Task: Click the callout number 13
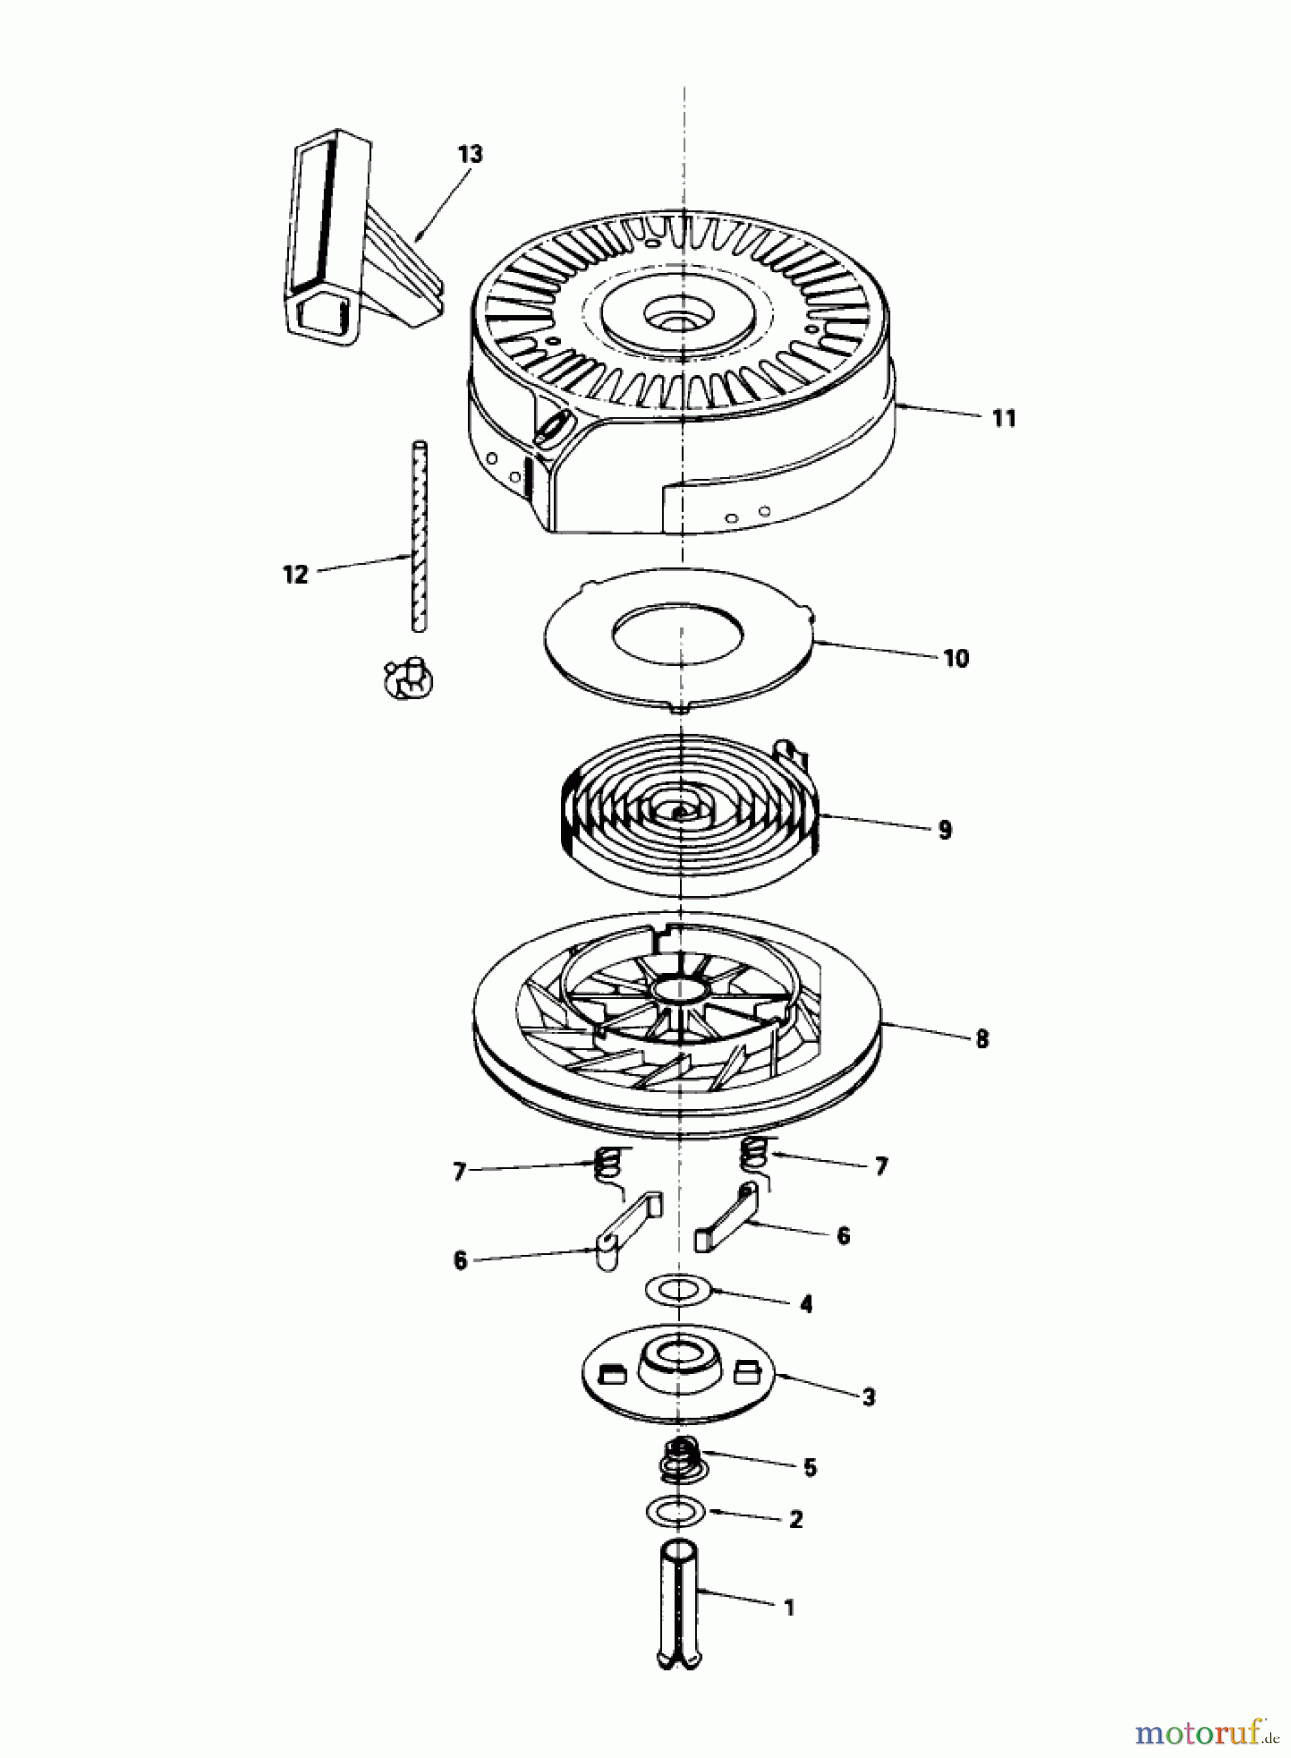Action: (x=470, y=154)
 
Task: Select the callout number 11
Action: (x=1004, y=418)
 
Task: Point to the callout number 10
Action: (x=955, y=658)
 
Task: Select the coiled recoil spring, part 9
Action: (x=684, y=811)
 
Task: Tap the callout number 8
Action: (x=981, y=1038)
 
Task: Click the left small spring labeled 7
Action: (x=606, y=1163)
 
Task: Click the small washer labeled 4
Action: (x=677, y=1289)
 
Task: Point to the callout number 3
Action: (x=868, y=1397)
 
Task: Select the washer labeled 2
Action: (x=675, y=1511)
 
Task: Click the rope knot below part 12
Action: (x=408, y=678)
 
